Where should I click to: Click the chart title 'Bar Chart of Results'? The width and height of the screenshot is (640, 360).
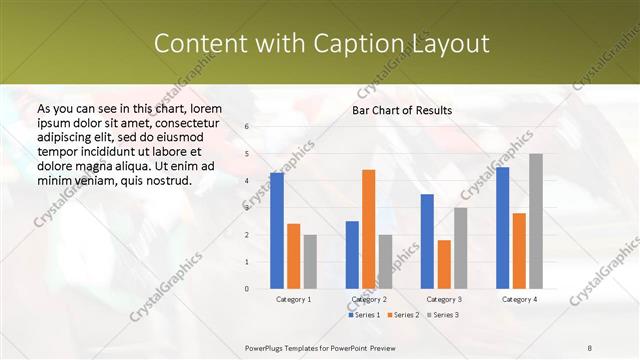402,110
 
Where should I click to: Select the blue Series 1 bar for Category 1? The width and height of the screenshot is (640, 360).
277,230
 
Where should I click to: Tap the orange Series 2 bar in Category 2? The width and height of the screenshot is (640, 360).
368,229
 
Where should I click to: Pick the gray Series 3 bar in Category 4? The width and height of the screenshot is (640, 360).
536,221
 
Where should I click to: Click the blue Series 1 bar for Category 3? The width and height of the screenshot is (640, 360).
427,241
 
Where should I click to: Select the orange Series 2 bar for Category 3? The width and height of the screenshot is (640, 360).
444,264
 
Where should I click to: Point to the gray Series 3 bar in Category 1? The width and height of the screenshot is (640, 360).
310,261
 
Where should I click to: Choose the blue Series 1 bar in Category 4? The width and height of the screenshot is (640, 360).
502,227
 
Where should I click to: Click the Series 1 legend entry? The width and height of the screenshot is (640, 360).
364,315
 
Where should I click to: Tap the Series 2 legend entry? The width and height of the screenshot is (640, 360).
403,315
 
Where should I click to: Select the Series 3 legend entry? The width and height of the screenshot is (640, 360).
442,315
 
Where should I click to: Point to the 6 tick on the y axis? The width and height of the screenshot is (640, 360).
247,127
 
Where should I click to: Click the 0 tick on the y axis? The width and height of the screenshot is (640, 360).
247,289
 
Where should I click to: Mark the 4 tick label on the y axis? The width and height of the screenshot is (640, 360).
247,181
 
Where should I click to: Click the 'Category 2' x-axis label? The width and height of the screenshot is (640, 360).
368,299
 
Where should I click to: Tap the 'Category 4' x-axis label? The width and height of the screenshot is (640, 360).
519,299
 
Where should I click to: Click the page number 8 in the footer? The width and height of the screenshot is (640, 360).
590,347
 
